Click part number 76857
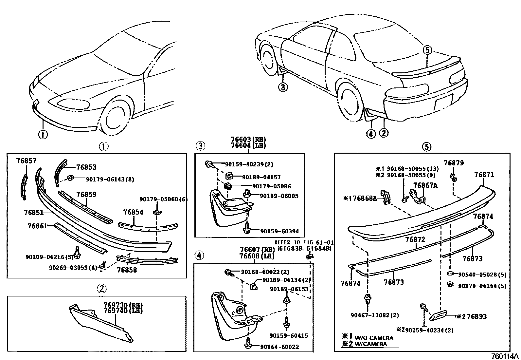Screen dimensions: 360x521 pos(27,161)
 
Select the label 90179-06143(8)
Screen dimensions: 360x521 pos(110,180)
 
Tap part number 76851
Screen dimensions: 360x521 pos(33,213)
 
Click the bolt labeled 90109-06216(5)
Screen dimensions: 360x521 pos(77,252)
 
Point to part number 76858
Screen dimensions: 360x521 pos(127,270)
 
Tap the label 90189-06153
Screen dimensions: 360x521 pos(289,289)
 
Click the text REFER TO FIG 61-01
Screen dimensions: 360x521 pos(304,243)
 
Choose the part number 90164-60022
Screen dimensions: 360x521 pos(280,347)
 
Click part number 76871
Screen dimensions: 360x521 pos(484,175)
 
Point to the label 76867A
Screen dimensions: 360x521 pos(425,186)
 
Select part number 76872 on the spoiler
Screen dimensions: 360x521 pos(415,239)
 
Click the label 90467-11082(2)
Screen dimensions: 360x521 pos(374,315)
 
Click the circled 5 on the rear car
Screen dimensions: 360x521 pos(427,50)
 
